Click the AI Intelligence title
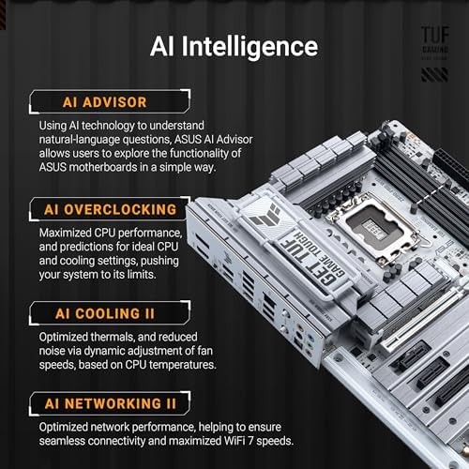234,46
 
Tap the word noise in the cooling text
55,349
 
